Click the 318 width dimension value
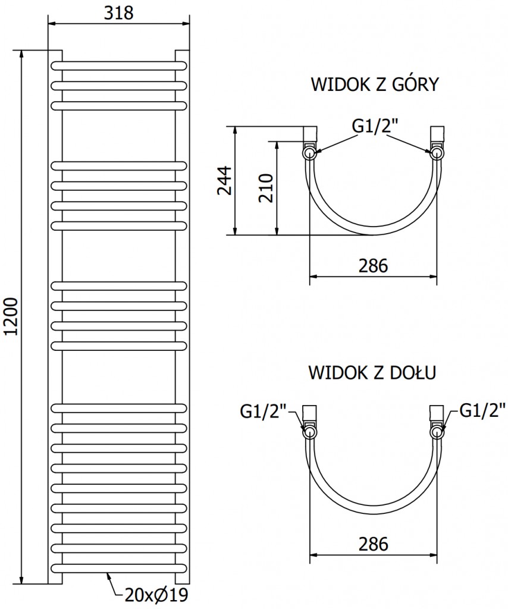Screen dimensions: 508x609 click(118, 13)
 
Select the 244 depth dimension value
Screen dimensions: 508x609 click(224, 181)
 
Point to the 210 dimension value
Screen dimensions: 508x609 click(266, 188)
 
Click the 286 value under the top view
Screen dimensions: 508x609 click(373, 266)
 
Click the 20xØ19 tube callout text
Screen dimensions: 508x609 click(156, 595)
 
